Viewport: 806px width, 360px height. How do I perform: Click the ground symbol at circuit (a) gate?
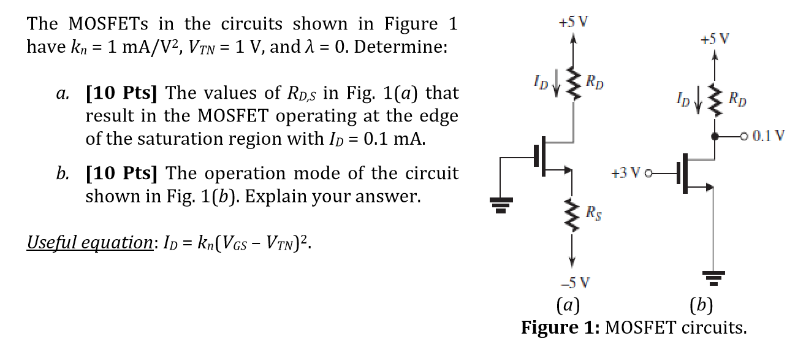(501, 206)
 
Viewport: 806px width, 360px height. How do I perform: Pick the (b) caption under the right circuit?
(701, 305)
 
